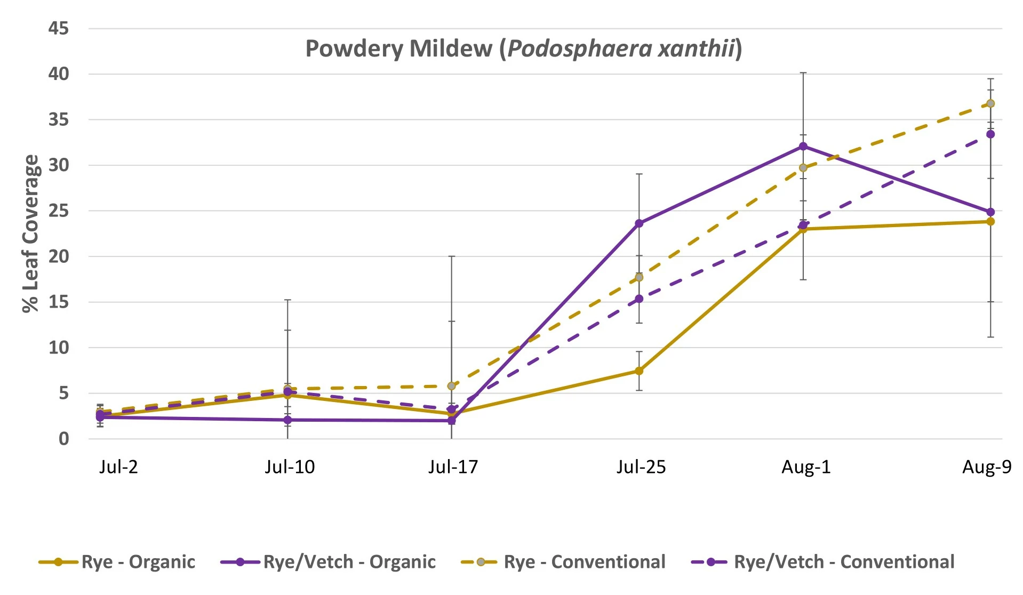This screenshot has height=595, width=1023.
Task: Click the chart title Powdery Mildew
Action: tap(523, 49)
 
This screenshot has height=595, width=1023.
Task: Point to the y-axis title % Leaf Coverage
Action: tap(31, 234)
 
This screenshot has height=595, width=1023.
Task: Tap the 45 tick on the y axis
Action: tap(59, 28)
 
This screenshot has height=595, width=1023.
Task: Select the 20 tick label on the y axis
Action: tap(59, 256)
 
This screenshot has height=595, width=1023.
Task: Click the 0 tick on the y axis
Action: tap(63, 439)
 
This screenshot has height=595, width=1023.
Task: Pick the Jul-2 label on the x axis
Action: tap(118, 467)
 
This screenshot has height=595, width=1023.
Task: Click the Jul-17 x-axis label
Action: tap(453, 467)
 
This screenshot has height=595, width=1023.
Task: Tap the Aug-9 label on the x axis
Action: tap(986, 467)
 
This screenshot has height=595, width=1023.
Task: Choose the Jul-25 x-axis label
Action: tap(641, 467)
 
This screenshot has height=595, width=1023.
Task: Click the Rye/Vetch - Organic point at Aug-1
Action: tap(803, 146)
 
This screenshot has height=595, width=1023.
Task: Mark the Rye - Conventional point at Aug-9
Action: tap(990, 103)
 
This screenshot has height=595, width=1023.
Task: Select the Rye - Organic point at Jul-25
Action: tap(639, 371)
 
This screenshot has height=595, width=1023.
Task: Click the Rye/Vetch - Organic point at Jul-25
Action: tap(639, 223)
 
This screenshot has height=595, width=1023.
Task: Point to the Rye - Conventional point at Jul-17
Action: tap(452, 385)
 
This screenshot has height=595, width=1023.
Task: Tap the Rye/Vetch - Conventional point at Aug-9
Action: tap(990, 134)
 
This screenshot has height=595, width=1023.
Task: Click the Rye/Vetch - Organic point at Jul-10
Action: tap(287, 420)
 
